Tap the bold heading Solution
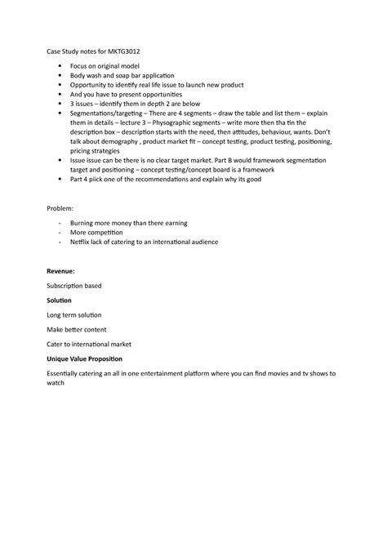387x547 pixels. click(x=59, y=300)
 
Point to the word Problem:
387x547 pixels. click(x=60, y=209)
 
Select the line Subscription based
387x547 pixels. click(x=74, y=285)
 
